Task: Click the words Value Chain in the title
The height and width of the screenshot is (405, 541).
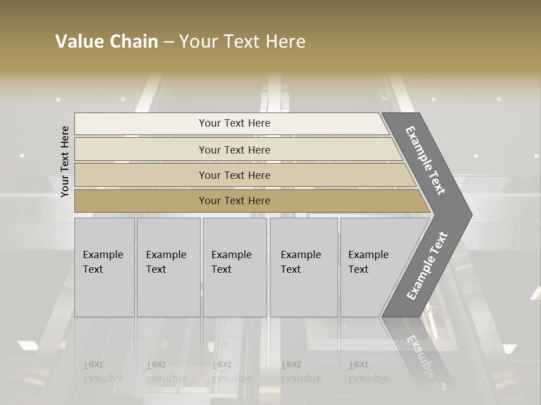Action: click(x=107, y=42)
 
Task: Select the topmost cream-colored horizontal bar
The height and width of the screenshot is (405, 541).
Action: click(x=141, y=124)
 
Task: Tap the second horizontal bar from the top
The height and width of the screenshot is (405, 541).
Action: click(x=141, y=150)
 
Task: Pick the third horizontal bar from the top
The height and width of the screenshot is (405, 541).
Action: click(x=141, y=175)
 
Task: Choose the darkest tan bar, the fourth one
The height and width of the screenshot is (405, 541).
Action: click(x=141, y=201)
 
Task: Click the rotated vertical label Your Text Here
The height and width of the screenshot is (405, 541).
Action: click(x=65, y=161)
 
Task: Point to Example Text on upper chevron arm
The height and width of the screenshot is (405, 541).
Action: click(x=425, y=160)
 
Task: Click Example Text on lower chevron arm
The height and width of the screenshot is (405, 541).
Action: click(x=427, y=266)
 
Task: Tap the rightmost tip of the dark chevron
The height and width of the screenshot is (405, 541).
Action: click(x=471, y=214)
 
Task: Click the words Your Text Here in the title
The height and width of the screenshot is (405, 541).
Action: click(x=242, y=42)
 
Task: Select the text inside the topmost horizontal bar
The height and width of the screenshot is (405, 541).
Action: click(x=234, y=123)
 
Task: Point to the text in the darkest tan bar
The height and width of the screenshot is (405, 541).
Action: click(x=234, y=201)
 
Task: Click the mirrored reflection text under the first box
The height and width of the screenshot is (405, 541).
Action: click(x=103, y=372)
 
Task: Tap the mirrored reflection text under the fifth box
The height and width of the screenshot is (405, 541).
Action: click(x=368, y=372)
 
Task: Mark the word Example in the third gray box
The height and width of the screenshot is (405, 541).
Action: click(x=231, y=255)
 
